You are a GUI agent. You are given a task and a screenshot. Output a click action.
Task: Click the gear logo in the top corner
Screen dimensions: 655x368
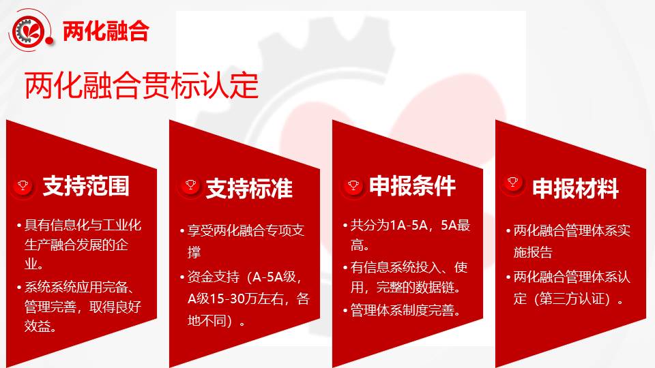[x=29, y=30]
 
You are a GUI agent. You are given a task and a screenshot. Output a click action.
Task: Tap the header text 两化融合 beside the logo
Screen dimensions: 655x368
[x=106, y=31]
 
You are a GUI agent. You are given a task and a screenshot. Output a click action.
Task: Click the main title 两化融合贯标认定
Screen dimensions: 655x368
[x=142, y=86]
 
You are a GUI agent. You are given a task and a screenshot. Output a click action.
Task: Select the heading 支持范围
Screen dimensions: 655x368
[x=86, y=185]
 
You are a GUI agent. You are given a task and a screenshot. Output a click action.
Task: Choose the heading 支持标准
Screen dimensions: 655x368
[x=249, y=188]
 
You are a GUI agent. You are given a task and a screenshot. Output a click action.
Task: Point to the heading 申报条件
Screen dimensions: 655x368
[x=412, y=185]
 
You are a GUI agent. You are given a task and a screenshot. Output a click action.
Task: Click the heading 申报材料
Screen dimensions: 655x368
[x=575, y=188]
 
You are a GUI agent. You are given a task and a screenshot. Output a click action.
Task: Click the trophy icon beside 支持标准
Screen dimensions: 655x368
[x=190, y=185]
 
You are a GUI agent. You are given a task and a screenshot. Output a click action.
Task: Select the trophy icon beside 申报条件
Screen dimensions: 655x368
[x=353, y=185]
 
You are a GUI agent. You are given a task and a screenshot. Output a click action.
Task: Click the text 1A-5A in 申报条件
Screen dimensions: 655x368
[x=408, y=226]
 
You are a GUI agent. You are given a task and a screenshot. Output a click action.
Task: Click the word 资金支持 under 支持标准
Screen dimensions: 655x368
[x=213, y=277]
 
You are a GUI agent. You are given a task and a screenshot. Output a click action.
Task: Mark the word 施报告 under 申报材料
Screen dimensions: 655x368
[x=533, y=252]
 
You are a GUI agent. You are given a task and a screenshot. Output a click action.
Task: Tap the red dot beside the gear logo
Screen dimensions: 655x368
[x=49, y=40]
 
